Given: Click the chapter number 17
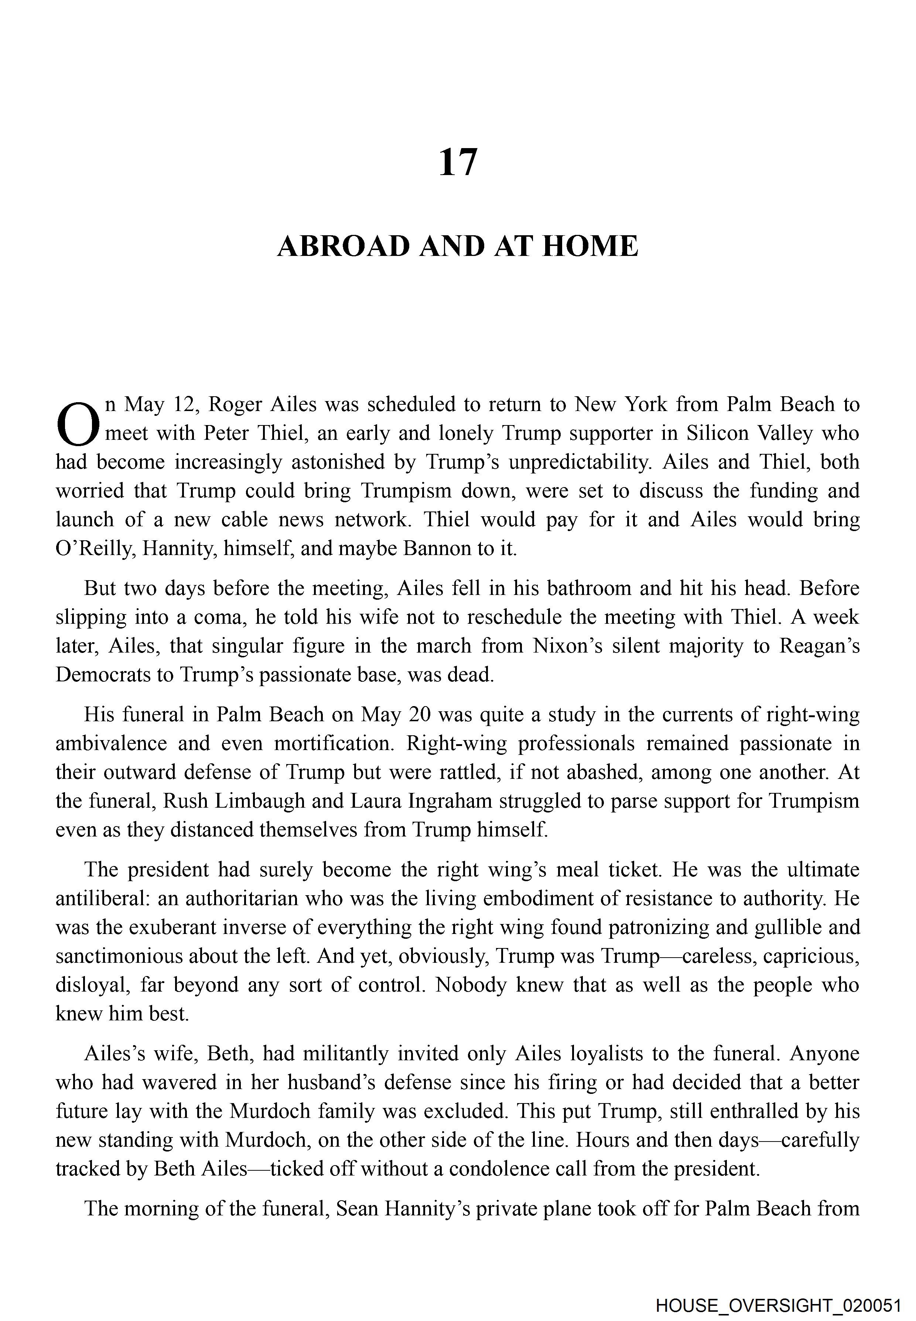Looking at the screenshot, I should coord(457,162).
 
